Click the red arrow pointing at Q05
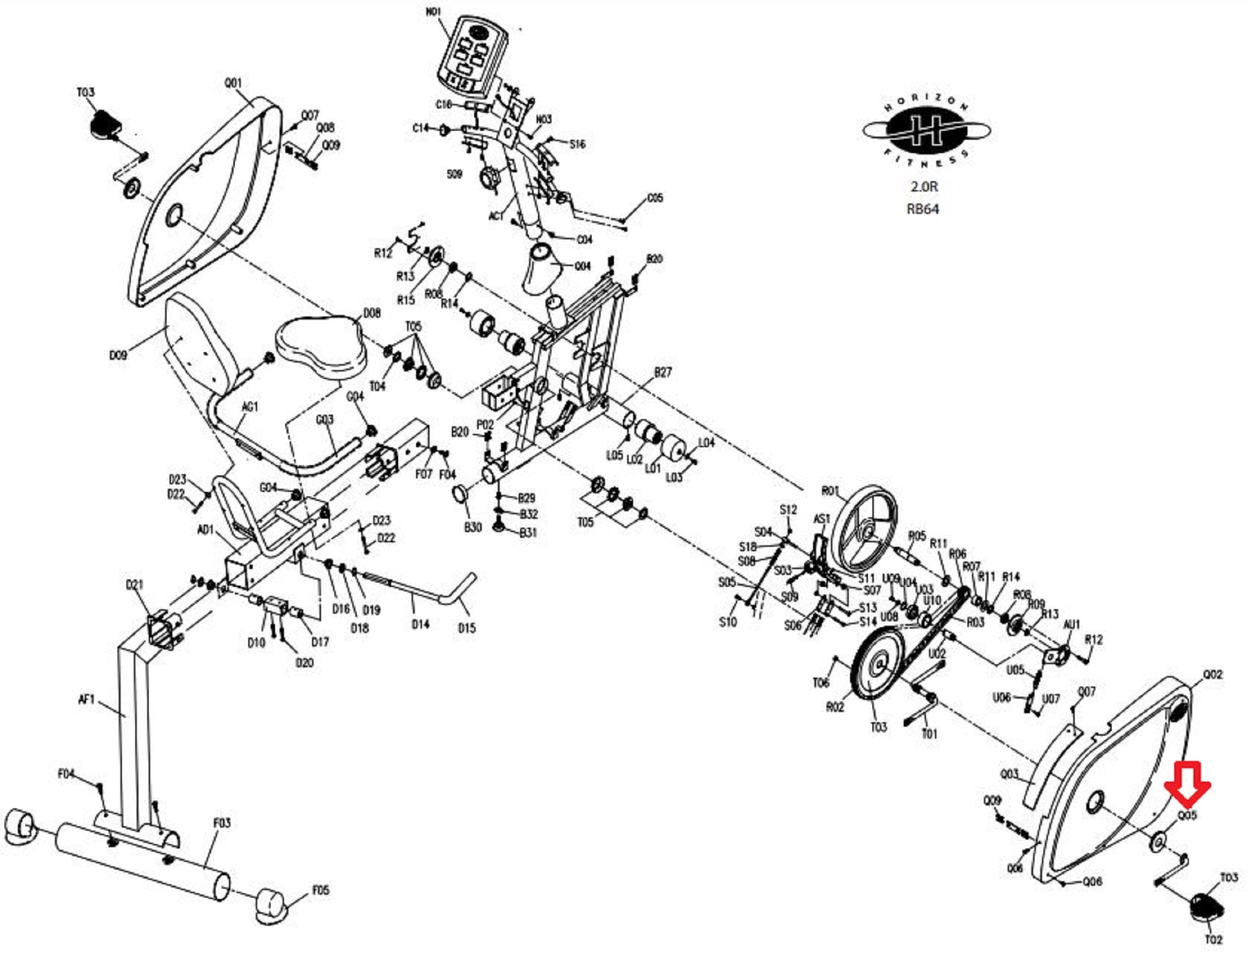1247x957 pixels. pos(1186,783)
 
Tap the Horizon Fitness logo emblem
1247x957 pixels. pos(926,131)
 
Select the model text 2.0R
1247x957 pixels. pos(923,186)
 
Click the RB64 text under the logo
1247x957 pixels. pos(923,209)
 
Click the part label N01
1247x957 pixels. pos(434,13)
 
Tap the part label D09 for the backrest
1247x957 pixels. pos(118,355)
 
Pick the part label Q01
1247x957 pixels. pos(233,83)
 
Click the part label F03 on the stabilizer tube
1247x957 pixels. pos(221,823)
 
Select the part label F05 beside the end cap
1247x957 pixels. pos(320,890)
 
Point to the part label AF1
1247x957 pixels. pos(86,700)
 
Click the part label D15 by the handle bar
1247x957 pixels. pos(467,628)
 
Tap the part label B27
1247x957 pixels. pos(663,372)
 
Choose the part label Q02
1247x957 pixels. pos(1213,674)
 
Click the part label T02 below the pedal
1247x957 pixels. pos(1213,939)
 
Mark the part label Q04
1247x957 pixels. pos(583,266)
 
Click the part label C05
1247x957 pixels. pos(655,198)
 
